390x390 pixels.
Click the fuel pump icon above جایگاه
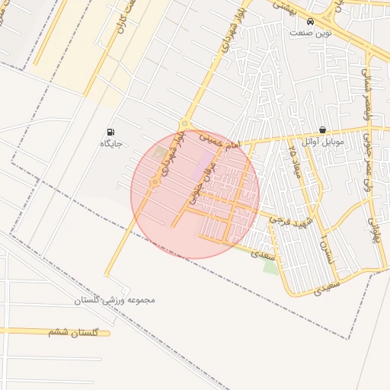click(111, 132)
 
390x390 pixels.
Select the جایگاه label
click(111, 143)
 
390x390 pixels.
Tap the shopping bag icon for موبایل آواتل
click(323, 130)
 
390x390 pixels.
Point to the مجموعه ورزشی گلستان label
click(114, 299)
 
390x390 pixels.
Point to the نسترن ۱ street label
click(326, 251)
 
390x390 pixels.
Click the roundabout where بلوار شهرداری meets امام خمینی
click(184, 125)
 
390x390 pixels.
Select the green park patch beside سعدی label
click(270, 266)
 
